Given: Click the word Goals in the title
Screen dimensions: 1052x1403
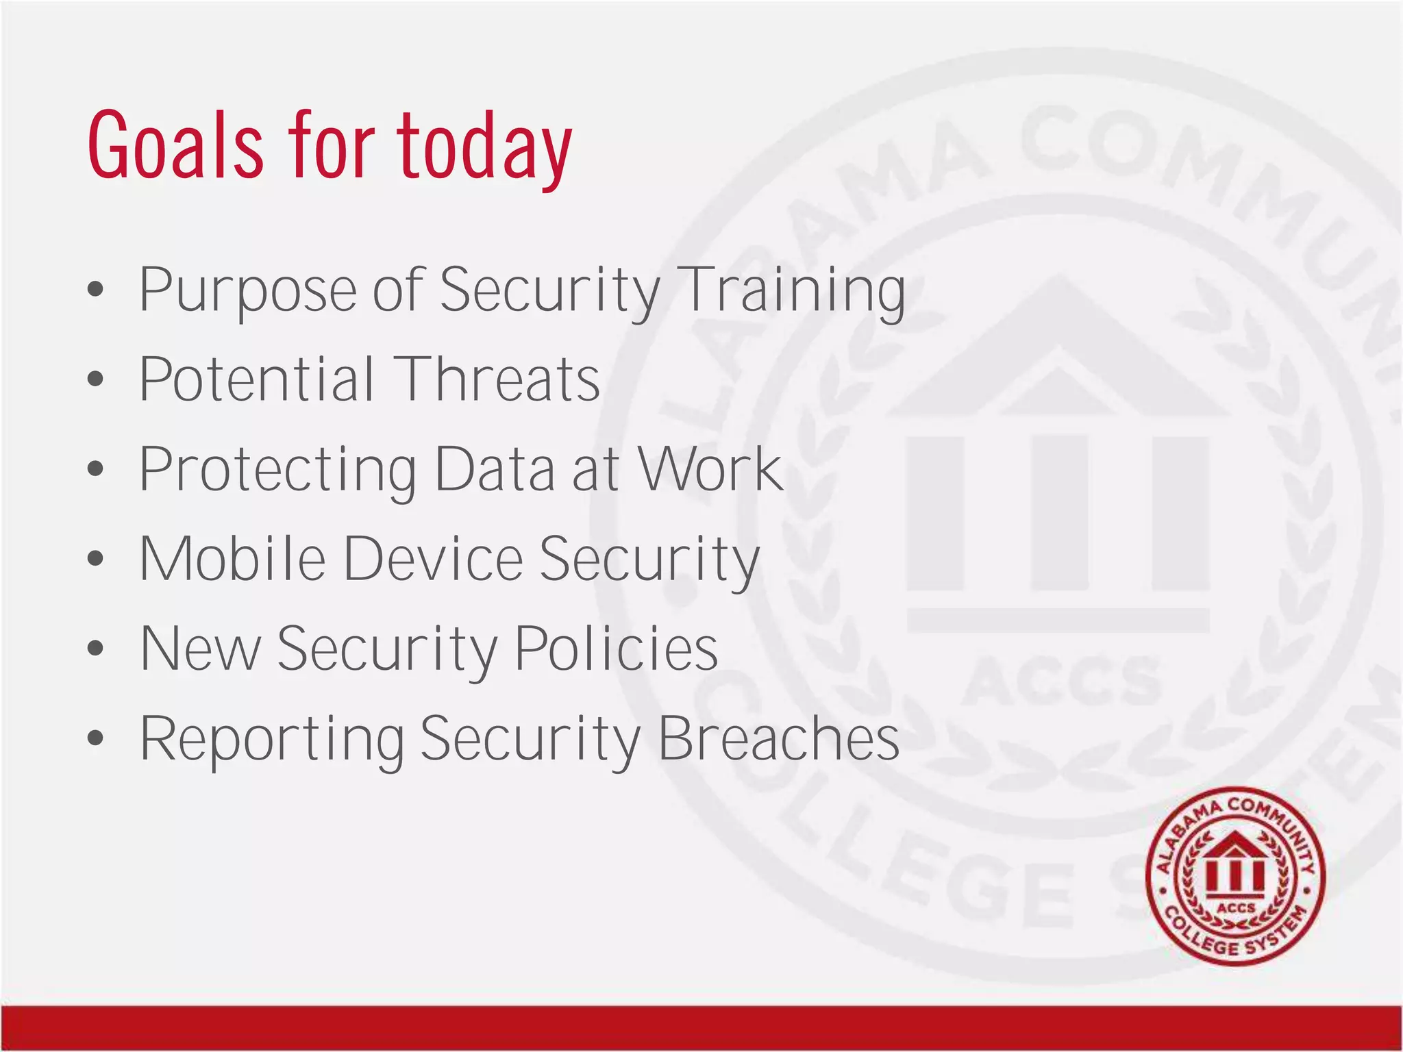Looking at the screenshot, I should point(175,146).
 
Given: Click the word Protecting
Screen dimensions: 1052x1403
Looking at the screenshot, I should point(277,471).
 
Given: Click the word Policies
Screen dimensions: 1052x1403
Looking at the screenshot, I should point(616,649).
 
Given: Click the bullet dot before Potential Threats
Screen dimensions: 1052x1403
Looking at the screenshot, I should point(96,379).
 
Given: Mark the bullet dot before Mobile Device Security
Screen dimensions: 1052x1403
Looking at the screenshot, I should point(96,559).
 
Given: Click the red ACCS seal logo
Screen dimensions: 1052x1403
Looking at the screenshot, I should point(1235,876).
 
